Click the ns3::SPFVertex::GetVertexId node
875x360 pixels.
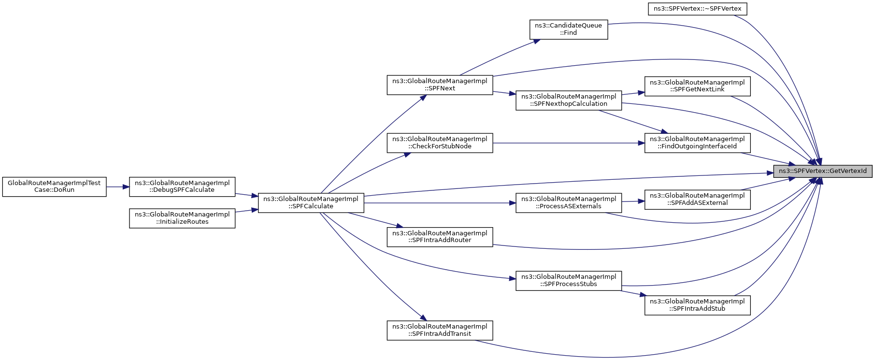[822, 171]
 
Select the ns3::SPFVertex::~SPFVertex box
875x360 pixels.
[697, 9]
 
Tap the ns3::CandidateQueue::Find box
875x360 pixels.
[568, 29]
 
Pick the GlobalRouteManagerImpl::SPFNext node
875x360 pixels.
[440, 85]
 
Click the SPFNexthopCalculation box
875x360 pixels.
[568, 100]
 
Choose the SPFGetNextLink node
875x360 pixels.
[697, 86]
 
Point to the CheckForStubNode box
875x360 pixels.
[440, 143]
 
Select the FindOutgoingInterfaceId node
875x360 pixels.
[697, 143]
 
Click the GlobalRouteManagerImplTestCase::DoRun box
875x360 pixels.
[54, 187]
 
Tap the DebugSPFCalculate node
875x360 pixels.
[182, 187]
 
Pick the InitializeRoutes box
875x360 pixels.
[182, 218]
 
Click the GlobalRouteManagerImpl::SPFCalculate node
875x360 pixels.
[311, 202]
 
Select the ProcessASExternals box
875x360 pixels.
[568, 202]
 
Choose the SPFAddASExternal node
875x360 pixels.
[697, 199]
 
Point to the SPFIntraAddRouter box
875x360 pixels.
[440, 237]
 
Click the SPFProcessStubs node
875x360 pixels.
[568, 280]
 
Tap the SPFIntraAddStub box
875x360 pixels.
[697, 305]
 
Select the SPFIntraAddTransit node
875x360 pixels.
[440, 330]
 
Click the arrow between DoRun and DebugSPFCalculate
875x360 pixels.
[118, 187]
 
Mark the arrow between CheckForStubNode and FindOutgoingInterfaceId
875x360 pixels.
[569, 143]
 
